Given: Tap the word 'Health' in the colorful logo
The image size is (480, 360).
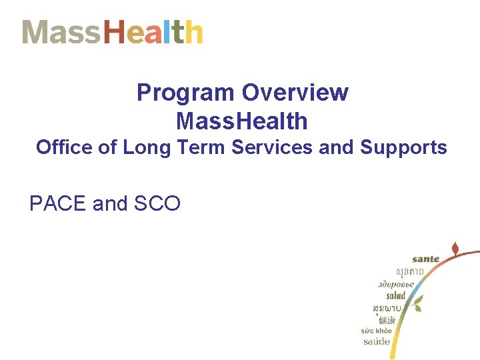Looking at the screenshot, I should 153,32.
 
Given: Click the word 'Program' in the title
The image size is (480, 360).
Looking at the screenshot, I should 186,93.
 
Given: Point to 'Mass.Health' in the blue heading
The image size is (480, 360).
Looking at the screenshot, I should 242,121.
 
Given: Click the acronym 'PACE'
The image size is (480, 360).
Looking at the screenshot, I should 59,204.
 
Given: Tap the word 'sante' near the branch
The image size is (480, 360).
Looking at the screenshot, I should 426,259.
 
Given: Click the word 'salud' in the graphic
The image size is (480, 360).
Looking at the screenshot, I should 395,295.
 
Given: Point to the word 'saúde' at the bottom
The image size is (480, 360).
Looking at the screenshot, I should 377,341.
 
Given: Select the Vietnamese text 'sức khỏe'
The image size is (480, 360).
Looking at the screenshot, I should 377,331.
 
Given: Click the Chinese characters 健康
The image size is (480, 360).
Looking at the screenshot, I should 387,320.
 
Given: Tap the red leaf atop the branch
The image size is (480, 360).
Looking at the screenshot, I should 455,249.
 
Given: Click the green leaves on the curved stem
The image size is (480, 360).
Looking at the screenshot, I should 416,305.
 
